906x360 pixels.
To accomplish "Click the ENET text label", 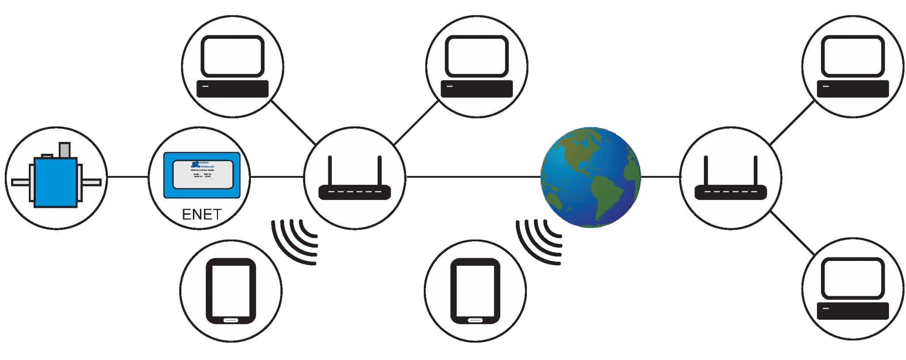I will pyautogui.click(x=202, y=214).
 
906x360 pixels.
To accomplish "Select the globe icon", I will pyautogui.click(x=590, y=177).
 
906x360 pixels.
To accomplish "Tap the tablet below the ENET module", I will pyautogui.click(x=231, y=291).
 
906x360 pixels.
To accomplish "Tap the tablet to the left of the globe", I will pyautogui.click(x=475, y=291).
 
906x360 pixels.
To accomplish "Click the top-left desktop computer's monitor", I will pyautogui.click(x=233, y=57).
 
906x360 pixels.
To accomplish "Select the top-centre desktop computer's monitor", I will pyautogui.click(x=477, y=57).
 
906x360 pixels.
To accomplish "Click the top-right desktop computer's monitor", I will pyautogui.click(x=853, y=57).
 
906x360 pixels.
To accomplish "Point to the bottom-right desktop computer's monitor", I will pyautogui.click(x=853, y=279).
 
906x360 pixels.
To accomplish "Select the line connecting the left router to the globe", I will pyautogui.click(x=471, y=177).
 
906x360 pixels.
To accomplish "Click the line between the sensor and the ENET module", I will pyautogui.click(x=127, y=177).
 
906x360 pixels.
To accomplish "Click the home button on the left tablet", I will pyautogui.click(x=231, y=320).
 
